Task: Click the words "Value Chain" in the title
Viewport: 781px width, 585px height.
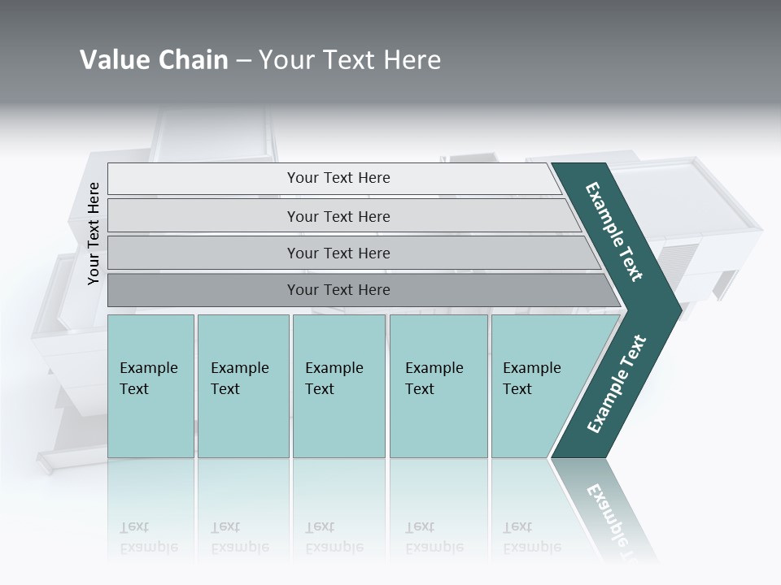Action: click(154, 60)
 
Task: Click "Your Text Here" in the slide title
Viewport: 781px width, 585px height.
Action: click(350, 60)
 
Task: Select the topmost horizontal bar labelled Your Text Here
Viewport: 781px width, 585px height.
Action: click(338, 178)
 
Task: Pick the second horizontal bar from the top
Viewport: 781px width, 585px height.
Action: click(338, 216)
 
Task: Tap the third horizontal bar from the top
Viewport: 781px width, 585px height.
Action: click(338, 253)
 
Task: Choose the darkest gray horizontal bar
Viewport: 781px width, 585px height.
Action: click(338, 290)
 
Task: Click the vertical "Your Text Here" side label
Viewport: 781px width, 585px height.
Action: click(94, 233)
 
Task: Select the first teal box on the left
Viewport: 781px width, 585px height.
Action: click(151, 386)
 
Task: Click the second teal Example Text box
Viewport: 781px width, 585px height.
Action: click(242, 386)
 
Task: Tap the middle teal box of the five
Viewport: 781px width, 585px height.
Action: click(338, 386)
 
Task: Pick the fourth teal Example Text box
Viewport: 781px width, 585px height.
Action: click(438, 386)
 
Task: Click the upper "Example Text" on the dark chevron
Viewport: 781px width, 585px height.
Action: click(614, 232)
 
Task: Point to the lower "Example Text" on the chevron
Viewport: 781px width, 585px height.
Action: click(617, 384)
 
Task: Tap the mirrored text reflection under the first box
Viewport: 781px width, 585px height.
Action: click(148, 537)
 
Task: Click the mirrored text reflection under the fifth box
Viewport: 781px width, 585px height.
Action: click(532, 537)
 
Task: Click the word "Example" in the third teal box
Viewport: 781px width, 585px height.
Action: click(334, 368)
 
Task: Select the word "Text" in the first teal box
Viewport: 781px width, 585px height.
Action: click(134, 389)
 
